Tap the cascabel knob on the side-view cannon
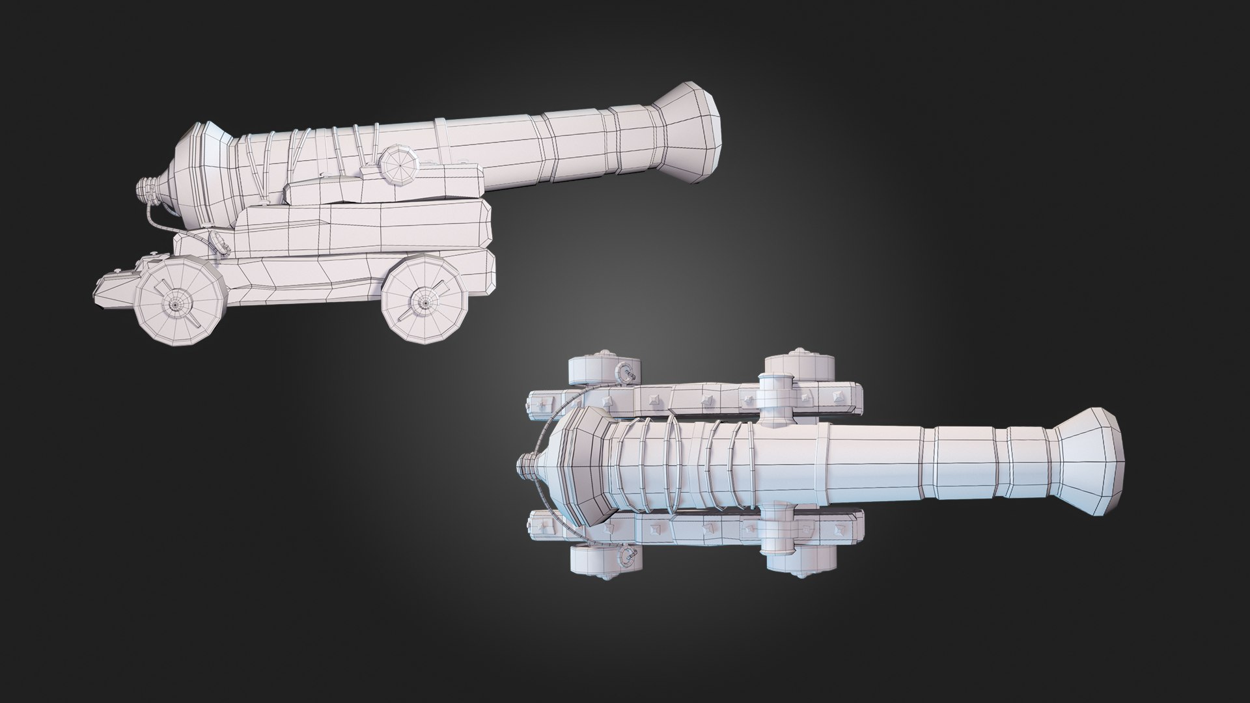tap(146, 189)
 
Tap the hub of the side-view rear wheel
tap(175, 303)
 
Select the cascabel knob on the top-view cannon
tap(526, 463)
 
